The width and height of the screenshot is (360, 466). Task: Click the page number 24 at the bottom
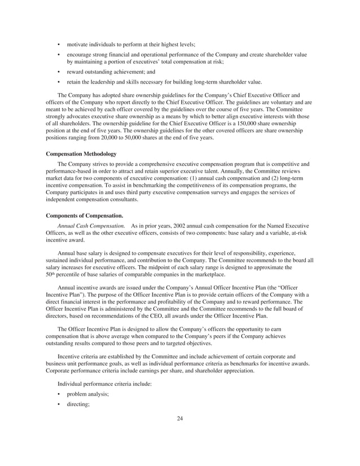point(180,418)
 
